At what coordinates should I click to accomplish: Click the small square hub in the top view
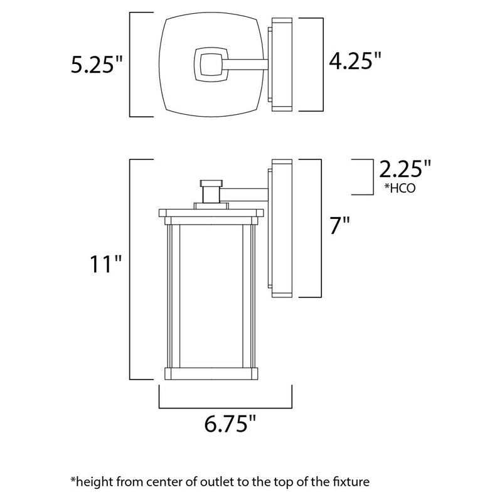coord(209,65)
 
